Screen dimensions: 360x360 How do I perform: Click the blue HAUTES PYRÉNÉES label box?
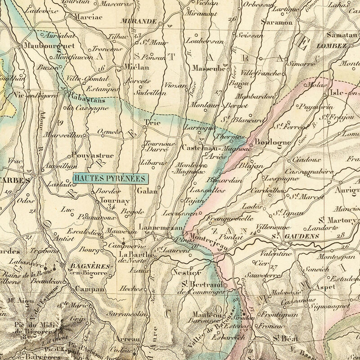pos(111,178)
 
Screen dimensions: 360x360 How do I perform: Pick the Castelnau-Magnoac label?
pos(207,148)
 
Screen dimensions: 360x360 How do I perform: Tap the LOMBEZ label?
pos(332,46)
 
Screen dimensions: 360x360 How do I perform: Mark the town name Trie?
pos(149,122)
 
